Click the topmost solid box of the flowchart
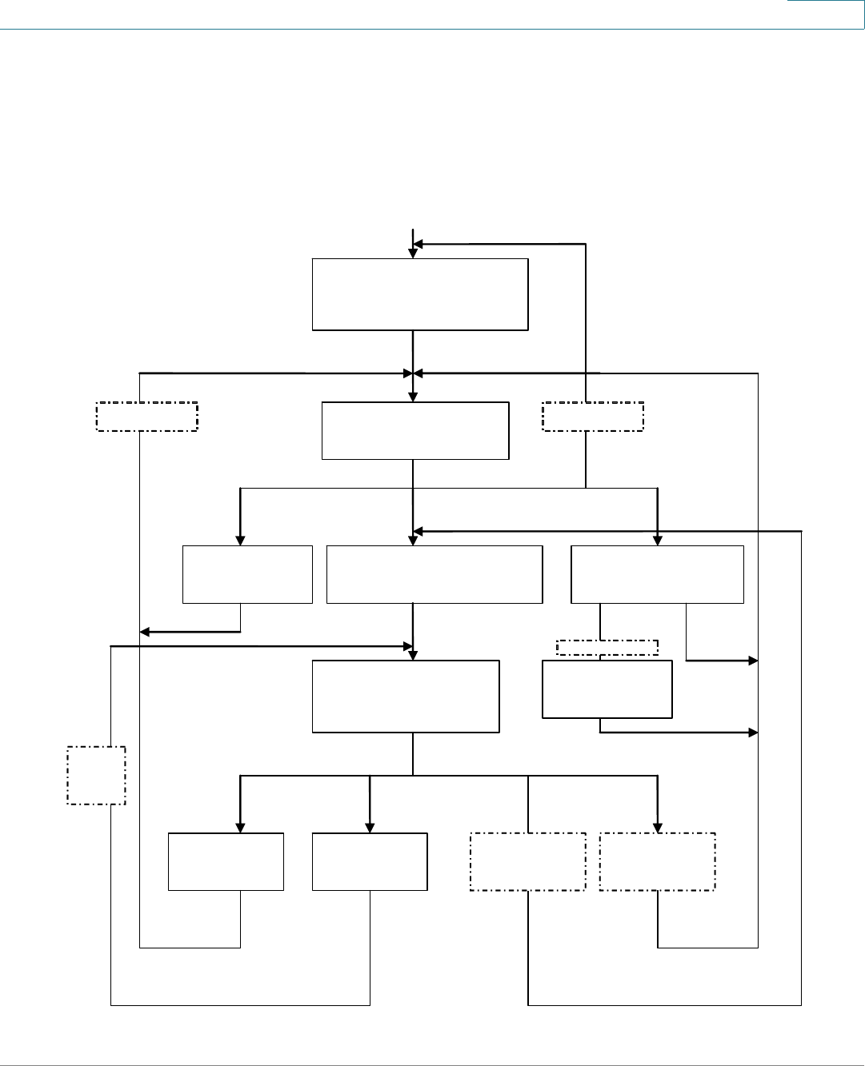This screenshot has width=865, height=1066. tap(420, 293)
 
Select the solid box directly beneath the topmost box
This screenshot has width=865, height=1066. tap(415, 430)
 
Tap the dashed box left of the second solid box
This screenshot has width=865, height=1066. tap(147, 417)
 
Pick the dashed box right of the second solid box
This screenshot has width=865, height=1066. tap(593, 417)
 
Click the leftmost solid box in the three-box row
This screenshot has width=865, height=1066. tap(247, 574)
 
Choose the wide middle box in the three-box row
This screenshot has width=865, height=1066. tap(435, 574)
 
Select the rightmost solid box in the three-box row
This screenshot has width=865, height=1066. tap(657, 574)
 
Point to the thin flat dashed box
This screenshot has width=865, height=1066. tap(607, 648)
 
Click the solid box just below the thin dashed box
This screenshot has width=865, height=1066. tap(607, 689)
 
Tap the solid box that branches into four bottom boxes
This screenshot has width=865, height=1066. tap(406, 696)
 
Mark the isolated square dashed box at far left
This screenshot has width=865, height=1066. tap(96, 775)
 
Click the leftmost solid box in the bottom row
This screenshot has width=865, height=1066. tap(226, 861)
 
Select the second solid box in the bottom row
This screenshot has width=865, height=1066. tap(370, 861)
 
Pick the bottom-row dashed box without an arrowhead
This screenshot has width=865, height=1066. tap(528, 861)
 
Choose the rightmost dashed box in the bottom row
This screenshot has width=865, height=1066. tap(657, 861)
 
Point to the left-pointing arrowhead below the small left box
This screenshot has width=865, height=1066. tap(145, 632)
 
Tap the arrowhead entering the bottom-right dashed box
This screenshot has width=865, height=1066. tap(658, 828)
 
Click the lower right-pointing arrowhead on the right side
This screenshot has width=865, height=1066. tap(753, 732)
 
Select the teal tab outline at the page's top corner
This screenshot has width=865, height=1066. tap(825, 14)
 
